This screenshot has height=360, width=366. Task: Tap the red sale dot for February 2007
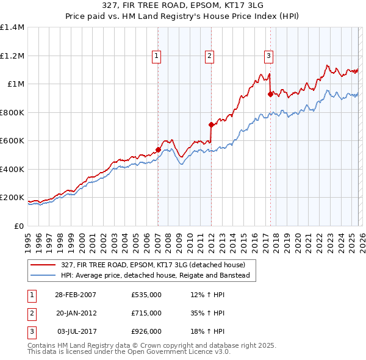click(158, 149)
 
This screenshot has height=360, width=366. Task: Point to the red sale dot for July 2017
click(270, 94)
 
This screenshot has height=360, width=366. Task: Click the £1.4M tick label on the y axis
click(12, 27)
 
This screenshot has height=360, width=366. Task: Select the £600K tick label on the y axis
click(12, 141)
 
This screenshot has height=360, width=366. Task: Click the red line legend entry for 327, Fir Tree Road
click(152, 265)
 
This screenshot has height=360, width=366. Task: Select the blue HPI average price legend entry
click(155, 276)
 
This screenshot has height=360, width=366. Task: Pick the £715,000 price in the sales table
click(146, 313)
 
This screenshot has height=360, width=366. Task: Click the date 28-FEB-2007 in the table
click(75, 295)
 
